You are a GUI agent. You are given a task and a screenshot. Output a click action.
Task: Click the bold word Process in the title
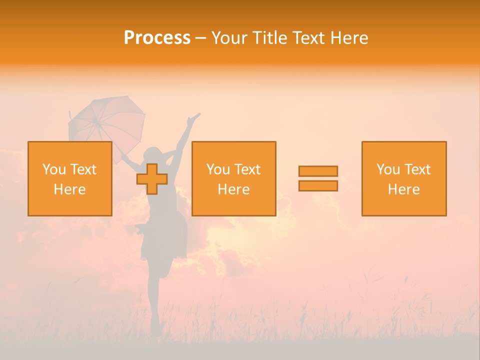[157, 38]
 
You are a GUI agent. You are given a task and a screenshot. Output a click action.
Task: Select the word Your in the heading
[230, 38]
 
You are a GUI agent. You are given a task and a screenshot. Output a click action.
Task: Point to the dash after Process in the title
[200, 38]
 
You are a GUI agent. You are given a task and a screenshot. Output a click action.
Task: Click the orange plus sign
[152, 179]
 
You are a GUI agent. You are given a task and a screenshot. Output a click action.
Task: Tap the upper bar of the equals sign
[318, 171]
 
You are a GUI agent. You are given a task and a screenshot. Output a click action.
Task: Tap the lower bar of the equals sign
[318, 186]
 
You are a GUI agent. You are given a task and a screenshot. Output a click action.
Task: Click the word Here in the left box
[69, 189]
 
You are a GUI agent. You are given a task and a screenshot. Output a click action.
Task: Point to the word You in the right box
[388, 169]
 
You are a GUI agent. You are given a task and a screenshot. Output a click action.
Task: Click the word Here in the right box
[403, 189]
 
